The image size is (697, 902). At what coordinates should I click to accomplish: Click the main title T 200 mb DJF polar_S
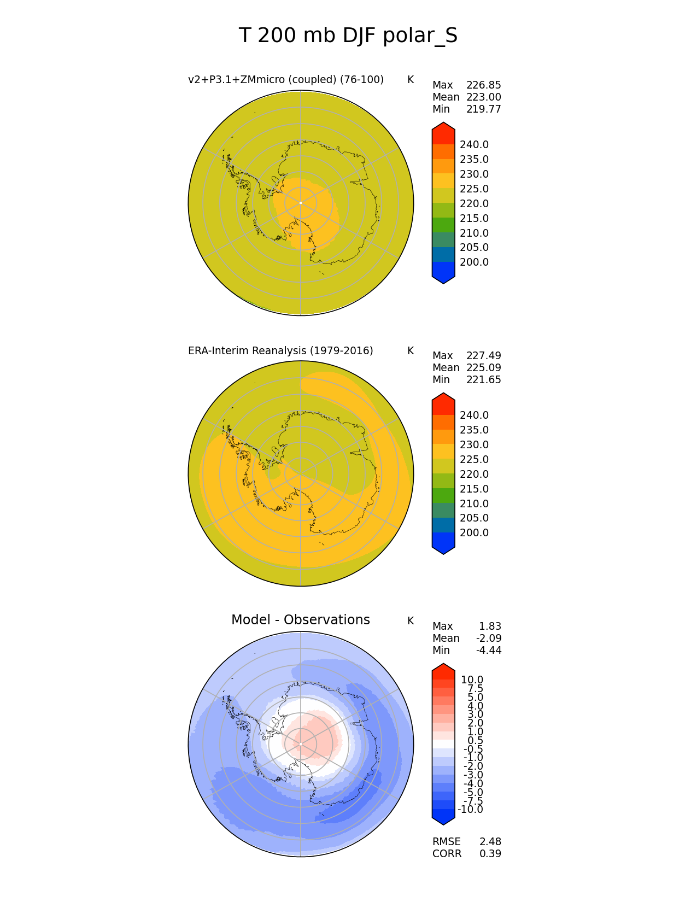point(348,36)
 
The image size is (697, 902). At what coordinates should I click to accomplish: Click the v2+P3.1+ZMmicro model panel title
point(285,80)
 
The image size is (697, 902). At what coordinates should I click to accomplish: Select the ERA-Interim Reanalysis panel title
point(280,350)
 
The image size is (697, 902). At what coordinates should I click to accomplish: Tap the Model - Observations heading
point(300,619)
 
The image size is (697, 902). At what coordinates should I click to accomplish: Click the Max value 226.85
point(483,85)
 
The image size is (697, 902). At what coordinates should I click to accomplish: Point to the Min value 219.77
point(483,109)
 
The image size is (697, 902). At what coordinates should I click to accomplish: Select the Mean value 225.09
point(483,368)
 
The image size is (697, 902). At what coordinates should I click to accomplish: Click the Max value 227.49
point(483,356)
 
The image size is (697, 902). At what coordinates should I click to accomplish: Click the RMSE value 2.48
point(490,842)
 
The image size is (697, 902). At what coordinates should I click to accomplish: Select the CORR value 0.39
point(490,854)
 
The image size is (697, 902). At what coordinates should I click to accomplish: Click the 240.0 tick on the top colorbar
point(474,145)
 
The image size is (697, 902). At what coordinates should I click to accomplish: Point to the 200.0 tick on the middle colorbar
point(474,533)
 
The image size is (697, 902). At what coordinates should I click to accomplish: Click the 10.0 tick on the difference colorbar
point(472,680)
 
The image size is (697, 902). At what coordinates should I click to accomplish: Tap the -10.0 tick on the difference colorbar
point(470,810)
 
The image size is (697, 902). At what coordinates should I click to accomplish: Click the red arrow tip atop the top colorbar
point(443,128)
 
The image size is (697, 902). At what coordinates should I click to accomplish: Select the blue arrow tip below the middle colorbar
point(443,548)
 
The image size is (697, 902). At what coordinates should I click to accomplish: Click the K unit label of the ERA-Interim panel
point(411,350)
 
